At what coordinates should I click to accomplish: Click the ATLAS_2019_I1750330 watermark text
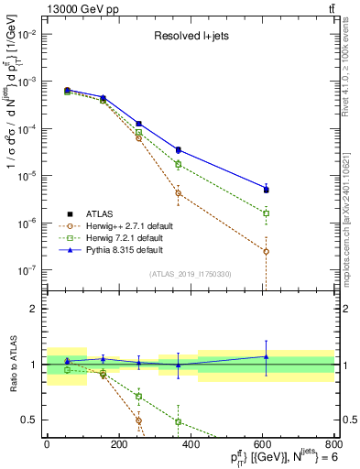tap(190, 274)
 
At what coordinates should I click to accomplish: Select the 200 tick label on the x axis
tap(118, 446)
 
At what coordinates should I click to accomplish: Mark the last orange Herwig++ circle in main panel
tap(266, 251)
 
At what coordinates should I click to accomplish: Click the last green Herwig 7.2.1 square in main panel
tap(266, 213)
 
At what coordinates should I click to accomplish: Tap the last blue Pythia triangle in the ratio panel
tap(266, 356)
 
